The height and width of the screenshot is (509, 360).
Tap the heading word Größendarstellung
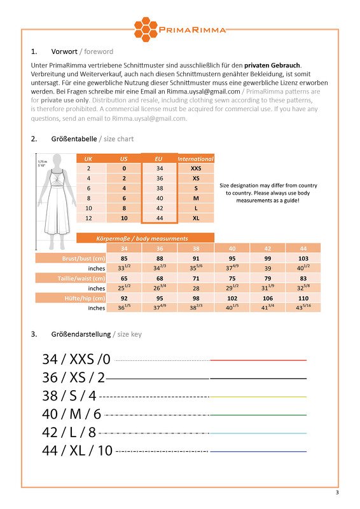point(81,334)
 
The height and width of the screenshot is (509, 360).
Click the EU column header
point(159,158)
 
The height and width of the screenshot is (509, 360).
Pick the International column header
point(195,158)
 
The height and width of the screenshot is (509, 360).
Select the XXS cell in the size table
point(195,168)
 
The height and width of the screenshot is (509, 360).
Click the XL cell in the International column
point(195,218)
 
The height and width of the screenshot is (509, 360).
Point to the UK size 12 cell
point(89,218)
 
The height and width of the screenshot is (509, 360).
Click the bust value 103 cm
point(303,259)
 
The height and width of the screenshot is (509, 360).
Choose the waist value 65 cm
point(124,278)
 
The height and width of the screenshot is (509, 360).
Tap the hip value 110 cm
point(303,298)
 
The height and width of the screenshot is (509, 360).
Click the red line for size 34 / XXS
point(258,360)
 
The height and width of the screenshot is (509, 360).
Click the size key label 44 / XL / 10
point(77,451)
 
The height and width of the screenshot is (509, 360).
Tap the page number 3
point(337,494)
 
